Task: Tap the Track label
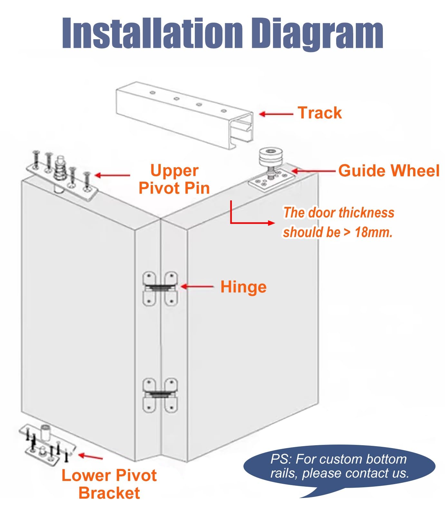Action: point(319,113)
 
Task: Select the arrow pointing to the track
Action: point(276,114)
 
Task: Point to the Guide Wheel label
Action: point(389,170)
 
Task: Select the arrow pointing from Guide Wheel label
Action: point(314,171)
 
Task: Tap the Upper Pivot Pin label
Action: point(174,179)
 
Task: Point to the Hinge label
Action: point(243,287)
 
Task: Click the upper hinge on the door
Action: point(160,289)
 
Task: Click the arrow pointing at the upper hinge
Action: point(197,286)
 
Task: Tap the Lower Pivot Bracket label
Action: point(109,484)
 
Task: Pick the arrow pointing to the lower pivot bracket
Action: point(90,456)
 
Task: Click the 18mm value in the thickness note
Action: point(374,232)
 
